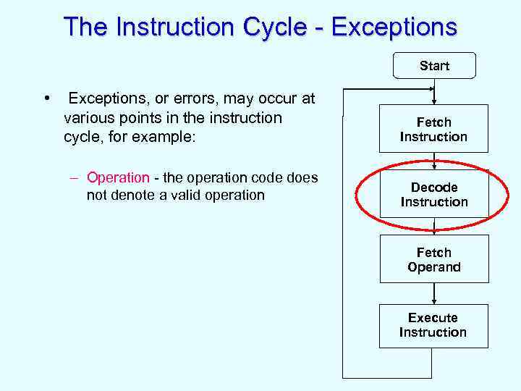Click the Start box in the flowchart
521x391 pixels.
pyautogui.click(x=434, y=66)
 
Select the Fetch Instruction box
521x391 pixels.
pyautogui.click(x=434, y=129)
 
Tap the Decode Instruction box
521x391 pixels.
pyautogui.click(x=434, y=194)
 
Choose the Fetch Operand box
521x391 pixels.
pyautogui.click(x=434, y=259)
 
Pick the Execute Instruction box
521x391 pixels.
pyautogui.click(x=433, y=325)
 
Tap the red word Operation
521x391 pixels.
pyautogui.click(x=118, y=177)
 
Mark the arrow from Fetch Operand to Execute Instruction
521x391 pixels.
pyautogui.click(x=434, y=293)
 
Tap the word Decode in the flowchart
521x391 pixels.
pyautogui.click(x=434, y=188)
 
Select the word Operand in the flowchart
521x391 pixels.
pyautogui.click(x=434, y=267)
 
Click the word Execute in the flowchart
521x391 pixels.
pyautogui.click(x=433, y=318)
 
